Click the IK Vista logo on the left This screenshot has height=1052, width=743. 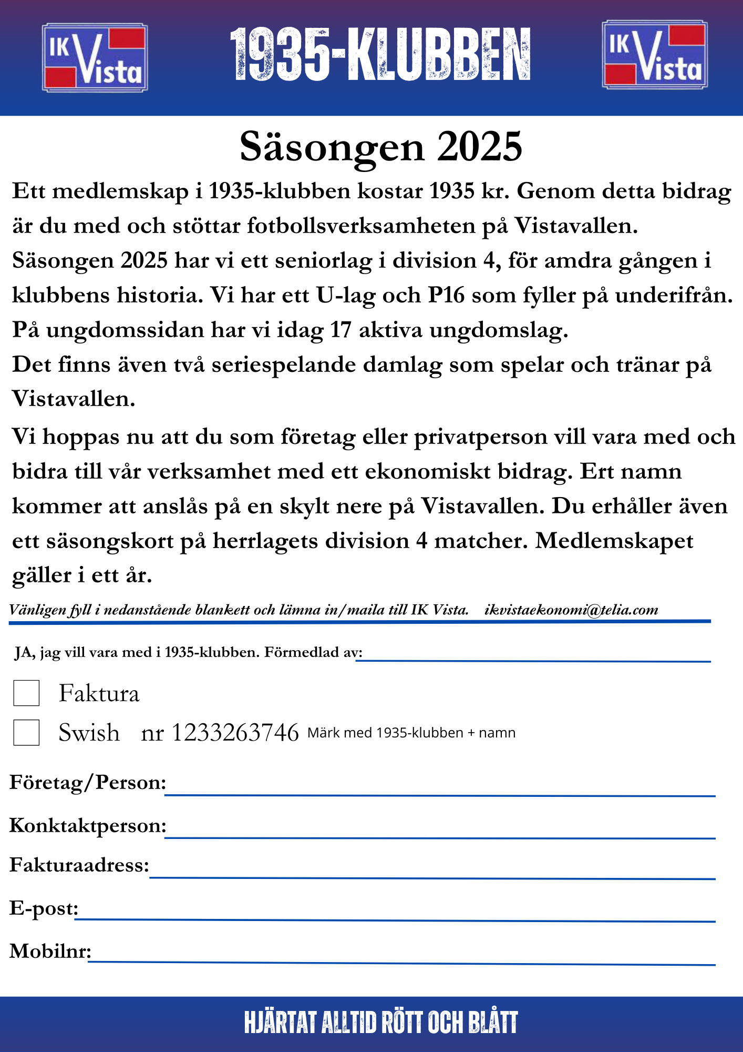click(x=95, y=57)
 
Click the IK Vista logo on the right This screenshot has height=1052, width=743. click(x=655, y=54)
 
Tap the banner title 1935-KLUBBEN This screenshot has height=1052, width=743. click(x=380, y=55)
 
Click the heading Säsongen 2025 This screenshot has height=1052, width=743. click(x=381, y=147)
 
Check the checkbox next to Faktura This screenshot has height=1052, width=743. click(x=26, y=693)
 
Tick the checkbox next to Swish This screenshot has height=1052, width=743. click(x=26, y=732)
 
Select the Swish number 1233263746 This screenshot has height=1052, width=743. click(x=235, y=733)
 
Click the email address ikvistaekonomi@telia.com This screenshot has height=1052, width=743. click(x=571, y=610)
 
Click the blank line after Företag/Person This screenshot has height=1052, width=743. click(x=440, y=792)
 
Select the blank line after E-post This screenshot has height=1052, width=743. click(x=395, y=918)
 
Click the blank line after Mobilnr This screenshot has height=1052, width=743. click(x=402, y=960)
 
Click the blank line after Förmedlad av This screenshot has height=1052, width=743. click(x=533, y=658)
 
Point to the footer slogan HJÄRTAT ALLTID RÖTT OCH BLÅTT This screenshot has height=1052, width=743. click(x=381, y=1023)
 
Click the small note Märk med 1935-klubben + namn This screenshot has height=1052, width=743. click(x=411, y=733)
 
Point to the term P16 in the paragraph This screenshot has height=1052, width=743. click(x=446, y=296)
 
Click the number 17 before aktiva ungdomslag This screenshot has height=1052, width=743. click(x=340, y=330)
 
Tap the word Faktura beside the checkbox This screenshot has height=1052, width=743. click(x=99, y=693)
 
